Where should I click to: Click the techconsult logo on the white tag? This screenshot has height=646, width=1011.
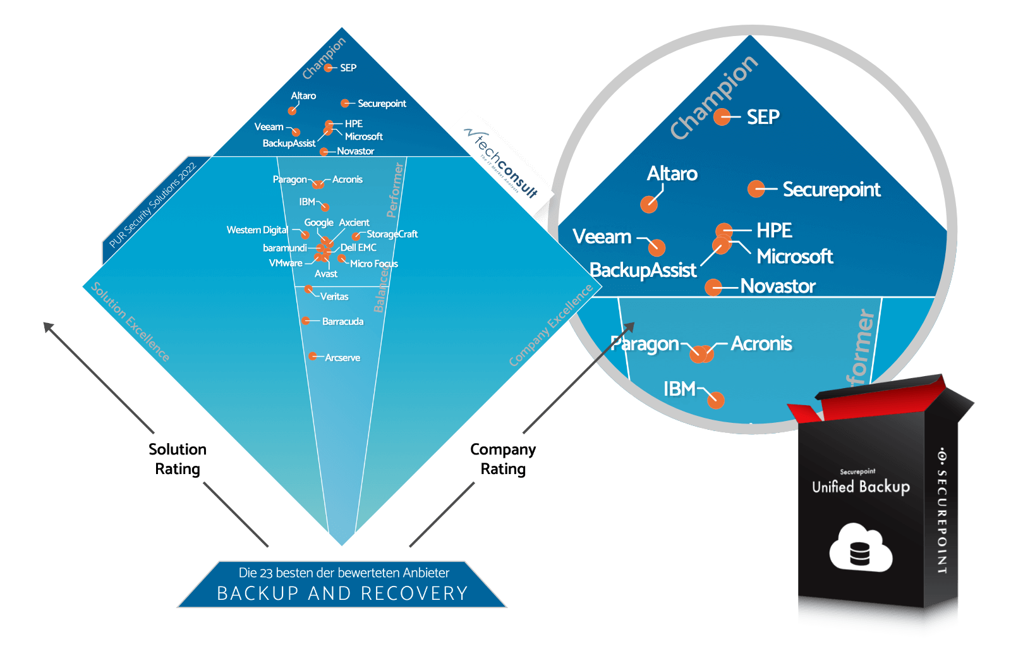tap(502, 157)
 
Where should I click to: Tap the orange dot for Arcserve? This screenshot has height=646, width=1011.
tap(312, 357)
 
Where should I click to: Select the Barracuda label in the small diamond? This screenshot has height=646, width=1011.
tap(342, 322)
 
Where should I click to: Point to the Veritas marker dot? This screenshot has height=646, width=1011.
tap(308, 289)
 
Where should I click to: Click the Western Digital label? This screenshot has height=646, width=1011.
tap(257, 230)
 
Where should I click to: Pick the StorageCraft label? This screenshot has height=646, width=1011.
tap(392, 234)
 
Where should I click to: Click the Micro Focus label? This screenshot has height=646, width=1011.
tap(373, 264)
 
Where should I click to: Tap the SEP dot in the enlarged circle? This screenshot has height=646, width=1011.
tap(722, 117)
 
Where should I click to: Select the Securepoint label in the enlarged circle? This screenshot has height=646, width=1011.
tap(831, 190)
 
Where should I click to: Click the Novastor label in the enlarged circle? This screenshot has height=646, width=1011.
tap(777, 286)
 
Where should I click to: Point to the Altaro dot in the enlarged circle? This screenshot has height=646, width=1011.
tap(648, 204)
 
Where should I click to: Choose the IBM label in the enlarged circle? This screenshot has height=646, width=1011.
tap(679, 389)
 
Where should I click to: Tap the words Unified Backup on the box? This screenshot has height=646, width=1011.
tap(861, 486)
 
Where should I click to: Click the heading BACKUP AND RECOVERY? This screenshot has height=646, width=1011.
tap(342, 593)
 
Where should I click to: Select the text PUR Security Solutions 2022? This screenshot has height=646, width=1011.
tap(152, 205)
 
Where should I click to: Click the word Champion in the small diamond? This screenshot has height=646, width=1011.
tap(324, 58)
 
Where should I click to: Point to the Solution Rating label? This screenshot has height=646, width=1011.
tap(178, 459)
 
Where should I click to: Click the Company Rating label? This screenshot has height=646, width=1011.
tap(503, 459)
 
